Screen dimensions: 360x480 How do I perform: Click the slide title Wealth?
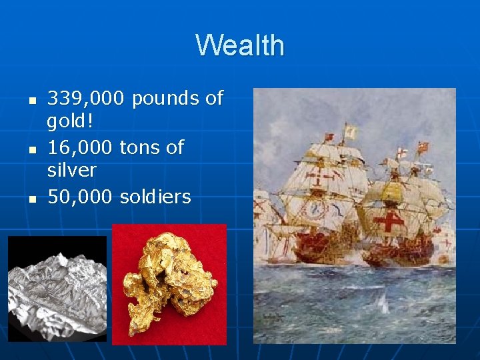pyautogui.click(x=240, y=45)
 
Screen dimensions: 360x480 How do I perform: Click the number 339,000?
pyautogui.click(x=85, y=99)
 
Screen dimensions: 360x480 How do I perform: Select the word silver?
pyautogui.click(x=71, y=171)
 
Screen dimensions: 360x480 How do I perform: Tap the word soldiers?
pyautogui.click(x=155, y=197)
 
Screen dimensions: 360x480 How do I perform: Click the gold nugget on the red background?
pyautogui.click(x=170, y=283)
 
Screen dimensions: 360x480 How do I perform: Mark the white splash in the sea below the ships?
pyautogui.click(x=383, y=303)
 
